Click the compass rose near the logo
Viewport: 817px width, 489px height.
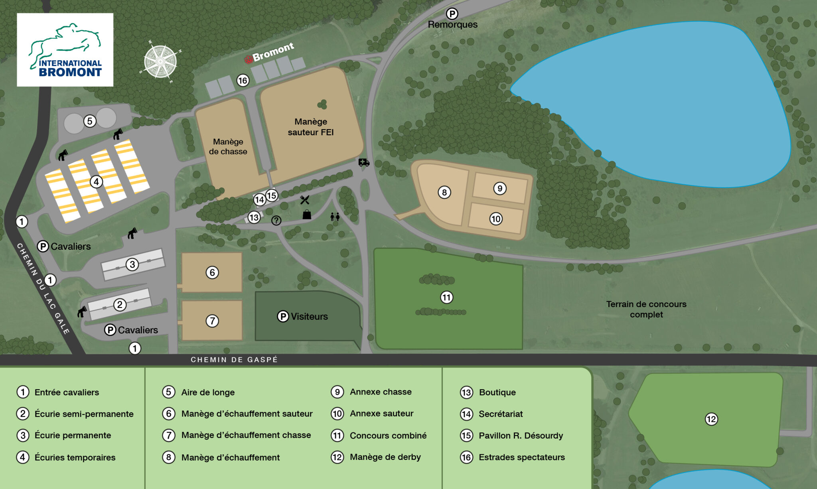(160, 62)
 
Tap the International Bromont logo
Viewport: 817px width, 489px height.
(65, 50)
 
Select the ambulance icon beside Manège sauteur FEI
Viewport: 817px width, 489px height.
(363, 162)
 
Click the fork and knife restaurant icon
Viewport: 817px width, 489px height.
(305, 200)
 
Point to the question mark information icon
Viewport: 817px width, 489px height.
(276, 220)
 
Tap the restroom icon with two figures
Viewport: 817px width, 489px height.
(335, 217)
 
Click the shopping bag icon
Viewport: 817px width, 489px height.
(307, 215)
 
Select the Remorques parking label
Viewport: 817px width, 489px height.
(452, 24)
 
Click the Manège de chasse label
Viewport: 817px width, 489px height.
(228, 146)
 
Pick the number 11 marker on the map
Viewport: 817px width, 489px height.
(446, 297)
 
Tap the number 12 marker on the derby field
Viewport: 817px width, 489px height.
(711, 419)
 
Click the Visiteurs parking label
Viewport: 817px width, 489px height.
(303, 316)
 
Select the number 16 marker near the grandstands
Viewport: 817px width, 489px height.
(243, 81)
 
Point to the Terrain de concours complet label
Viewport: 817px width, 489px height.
(646, 309)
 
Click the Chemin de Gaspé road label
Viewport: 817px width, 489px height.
(234, 360)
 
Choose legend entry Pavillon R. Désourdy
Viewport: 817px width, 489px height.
(521, 436)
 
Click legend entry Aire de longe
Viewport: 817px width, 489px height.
(208, 392)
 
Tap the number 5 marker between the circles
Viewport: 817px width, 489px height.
(90, 121)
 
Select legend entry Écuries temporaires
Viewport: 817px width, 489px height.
(75, 457)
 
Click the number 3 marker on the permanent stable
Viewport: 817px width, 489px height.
(132, 264)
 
